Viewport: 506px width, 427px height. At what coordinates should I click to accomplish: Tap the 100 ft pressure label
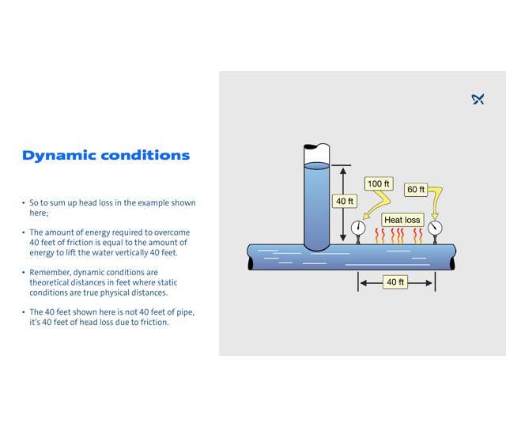pos(379,183)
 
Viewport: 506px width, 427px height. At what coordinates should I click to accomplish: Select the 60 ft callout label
pos(416,190)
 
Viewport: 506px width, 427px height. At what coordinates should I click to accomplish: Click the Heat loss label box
pos(402,219)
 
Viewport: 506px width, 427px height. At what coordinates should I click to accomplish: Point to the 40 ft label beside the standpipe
pos(345,201)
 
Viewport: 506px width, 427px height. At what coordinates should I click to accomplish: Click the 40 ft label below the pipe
pos(395,282)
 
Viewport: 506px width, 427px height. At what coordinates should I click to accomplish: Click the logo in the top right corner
pos(478,99)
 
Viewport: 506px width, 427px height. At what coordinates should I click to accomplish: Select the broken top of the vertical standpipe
pos(317,149)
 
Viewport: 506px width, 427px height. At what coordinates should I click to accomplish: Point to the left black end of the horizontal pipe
pos(251,257)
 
